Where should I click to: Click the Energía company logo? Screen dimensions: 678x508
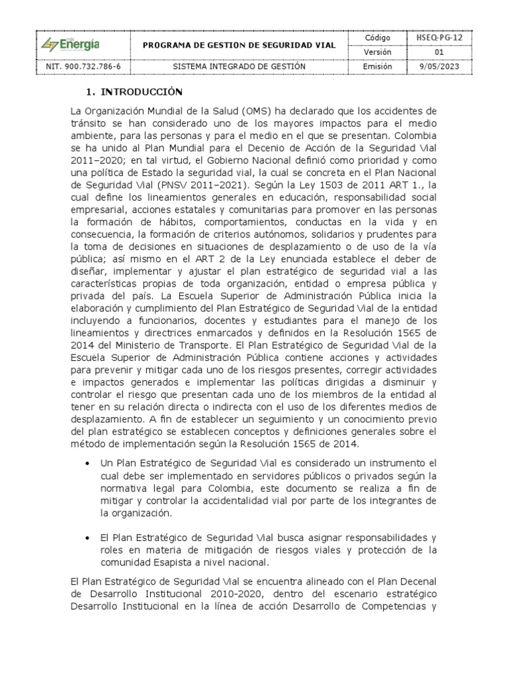pos(71,44)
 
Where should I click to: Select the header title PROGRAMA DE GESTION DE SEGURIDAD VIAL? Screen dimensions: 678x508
pos(240,44)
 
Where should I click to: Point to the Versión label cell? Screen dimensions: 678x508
pos(378,52)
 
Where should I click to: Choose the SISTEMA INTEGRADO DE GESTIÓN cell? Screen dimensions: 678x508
pos(239,66)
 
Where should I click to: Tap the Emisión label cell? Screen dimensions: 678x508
pos(378,66)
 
